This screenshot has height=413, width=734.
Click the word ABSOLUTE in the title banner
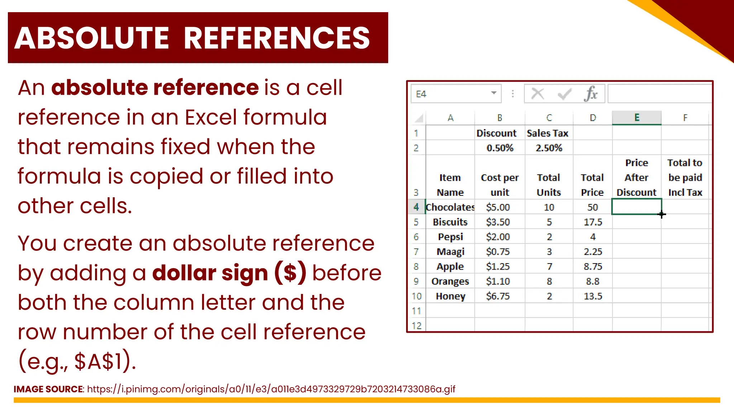tap(92, 38)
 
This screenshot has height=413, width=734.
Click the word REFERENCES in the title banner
tap(277, 38)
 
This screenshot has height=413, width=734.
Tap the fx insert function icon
tap(591, 94)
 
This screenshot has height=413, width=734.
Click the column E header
tap(637, 118)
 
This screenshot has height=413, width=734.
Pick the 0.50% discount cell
tap(500, 148)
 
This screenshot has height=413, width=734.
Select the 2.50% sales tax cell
tap(549, 148)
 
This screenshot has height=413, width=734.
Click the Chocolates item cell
tap(450, 207)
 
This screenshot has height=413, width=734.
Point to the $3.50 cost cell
tap(498, 222)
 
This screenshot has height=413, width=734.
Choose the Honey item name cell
tap(450, 296)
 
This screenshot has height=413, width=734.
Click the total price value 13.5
tap(593, 296)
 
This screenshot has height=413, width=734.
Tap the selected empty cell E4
tap(637, 207)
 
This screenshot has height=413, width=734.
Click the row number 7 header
tap(416, 252)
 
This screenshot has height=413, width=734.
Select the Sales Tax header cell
tap(548, 133)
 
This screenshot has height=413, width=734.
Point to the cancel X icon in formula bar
tap(538, 94)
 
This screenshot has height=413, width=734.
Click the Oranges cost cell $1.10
tap(498, 281)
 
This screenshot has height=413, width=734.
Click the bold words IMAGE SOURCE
tap(48, 389)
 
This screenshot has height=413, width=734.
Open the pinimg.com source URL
tap(271, 389)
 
